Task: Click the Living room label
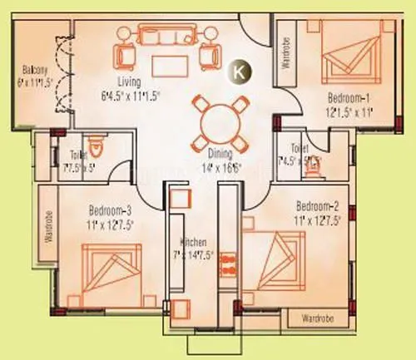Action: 130,81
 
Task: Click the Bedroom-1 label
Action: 348,98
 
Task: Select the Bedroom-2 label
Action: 316,205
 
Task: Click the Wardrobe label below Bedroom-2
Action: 317,318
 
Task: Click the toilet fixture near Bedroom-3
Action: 97,150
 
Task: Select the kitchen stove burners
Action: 202,254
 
